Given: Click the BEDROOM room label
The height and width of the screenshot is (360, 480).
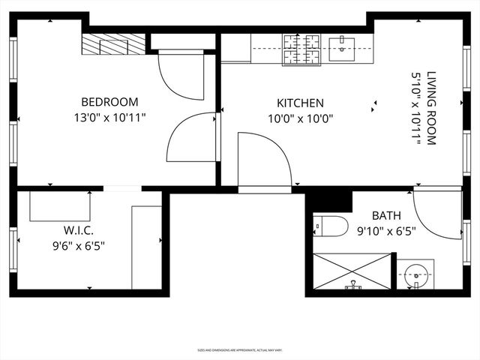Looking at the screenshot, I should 109,102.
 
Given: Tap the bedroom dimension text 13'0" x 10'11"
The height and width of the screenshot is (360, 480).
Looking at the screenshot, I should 109,117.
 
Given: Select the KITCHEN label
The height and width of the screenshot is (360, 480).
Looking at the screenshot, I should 300,103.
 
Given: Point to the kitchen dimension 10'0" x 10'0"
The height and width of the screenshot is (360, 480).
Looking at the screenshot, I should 300,118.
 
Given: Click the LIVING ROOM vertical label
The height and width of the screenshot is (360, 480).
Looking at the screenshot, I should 431,108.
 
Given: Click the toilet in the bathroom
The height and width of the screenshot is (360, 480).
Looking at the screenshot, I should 330,225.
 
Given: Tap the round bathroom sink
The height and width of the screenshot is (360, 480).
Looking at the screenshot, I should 415,276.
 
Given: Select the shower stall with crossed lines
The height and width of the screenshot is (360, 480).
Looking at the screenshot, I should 352,271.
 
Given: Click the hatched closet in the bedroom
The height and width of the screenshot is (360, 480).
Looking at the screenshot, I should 113,44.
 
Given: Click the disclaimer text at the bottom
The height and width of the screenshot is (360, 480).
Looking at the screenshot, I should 239,349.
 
